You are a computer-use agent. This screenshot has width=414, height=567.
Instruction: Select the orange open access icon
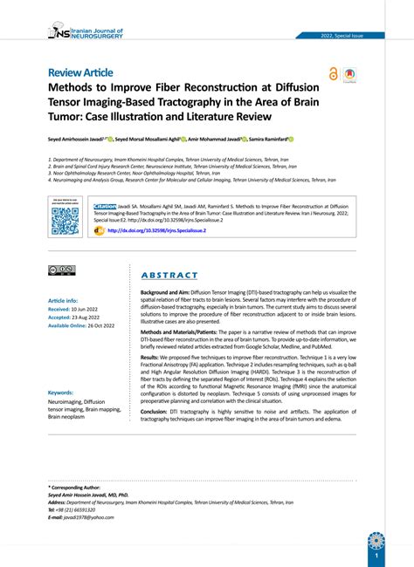(x=333, y=74)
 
